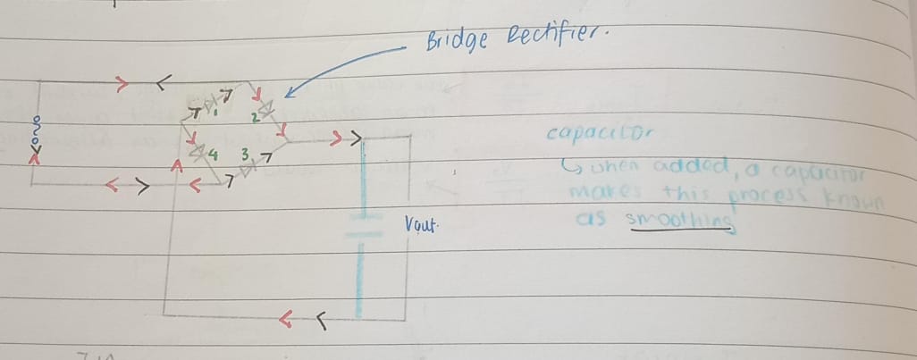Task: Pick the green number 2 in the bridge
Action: pyautogui.click(x=254, y=117)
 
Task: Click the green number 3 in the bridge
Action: pyautogui.click(x=243, y=154)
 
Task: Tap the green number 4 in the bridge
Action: pyautogui.click(x=213, y=155)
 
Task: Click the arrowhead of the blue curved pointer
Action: pyautogui.click(x=289, y=92)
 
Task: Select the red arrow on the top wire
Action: pyautogui.click(x=122, y=85)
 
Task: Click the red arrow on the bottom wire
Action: pyautogui.click(x=287, y=318)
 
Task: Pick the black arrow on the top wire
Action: pyautogui.click(x=163, y=85)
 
